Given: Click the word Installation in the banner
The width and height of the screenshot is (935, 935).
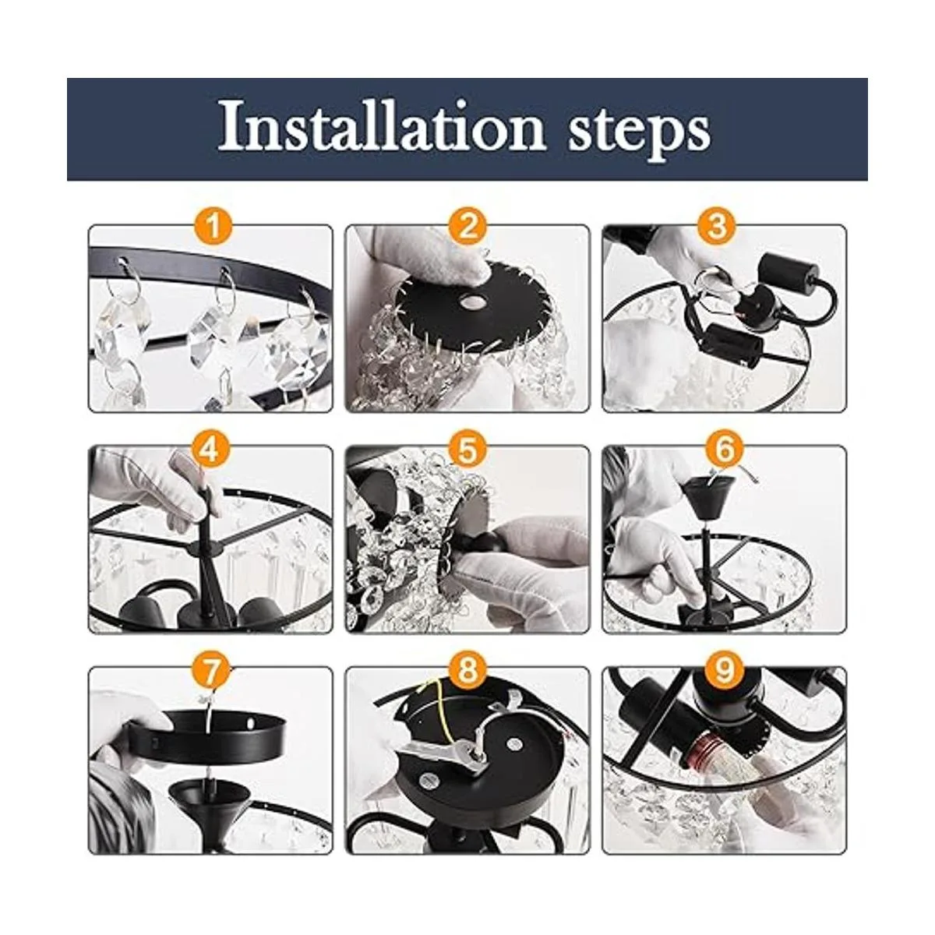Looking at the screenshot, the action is pyautogui.click(x=383, y=127).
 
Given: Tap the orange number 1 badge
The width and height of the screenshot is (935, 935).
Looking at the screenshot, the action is pyautogui.click(x=213, y=226).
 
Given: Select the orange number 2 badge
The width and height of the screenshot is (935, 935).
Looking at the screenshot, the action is pyautogui.click(x=467, y=226).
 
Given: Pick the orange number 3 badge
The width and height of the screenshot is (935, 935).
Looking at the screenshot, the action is pyautogui.click(x=718, y=226).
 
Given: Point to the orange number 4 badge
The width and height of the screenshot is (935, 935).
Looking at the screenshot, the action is pyautogui.click(x=209, y=448).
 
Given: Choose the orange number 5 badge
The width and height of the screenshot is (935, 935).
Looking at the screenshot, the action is pyautogui.click(x=467, y=448).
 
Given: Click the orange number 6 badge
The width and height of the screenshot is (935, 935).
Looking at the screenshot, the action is pyautogui.click(x=725, y=448).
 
